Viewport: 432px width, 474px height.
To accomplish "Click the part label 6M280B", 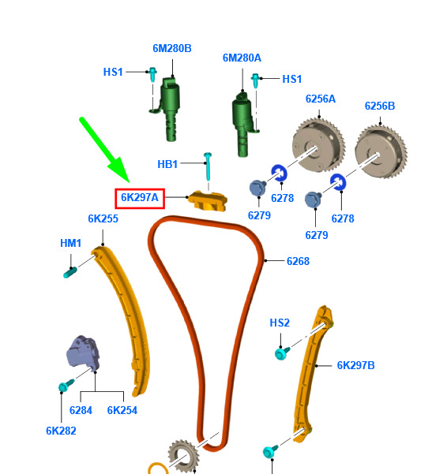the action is (x=172, y=48).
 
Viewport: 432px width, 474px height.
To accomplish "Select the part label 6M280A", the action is (x=242, y=58).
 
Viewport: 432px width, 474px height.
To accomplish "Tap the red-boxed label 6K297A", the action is (x=140, y=198).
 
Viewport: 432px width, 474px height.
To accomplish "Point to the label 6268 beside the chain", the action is (x=298, y=261).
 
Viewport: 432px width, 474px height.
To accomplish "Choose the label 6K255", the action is (x=103, y=218).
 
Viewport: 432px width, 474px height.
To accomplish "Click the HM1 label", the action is (x=70, y=243).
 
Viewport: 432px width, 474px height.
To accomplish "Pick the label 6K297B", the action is (x=355, y=365).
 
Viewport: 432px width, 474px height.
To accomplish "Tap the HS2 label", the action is (x=280, y=323).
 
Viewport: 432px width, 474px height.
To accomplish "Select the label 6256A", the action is (x=321, y=99).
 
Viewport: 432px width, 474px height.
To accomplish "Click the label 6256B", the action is (x=380, y=106).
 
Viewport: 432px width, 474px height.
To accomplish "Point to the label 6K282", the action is (x=61, y=431).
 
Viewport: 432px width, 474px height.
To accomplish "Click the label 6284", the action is (x=81, y=410).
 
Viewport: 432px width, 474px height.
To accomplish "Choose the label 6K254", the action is (x=122, y=410).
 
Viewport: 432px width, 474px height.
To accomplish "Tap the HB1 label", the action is (x=167, y=164).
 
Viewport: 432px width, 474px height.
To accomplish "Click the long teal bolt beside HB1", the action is (x=208, y=166).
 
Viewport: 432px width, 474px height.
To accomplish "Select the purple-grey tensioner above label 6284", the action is (x=83, y=353).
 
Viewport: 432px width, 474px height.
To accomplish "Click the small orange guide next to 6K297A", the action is (x=208, y=201).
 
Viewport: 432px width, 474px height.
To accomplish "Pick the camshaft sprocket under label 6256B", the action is (x=381, y=152).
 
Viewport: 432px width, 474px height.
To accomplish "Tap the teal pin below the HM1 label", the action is (x=70, y=272).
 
